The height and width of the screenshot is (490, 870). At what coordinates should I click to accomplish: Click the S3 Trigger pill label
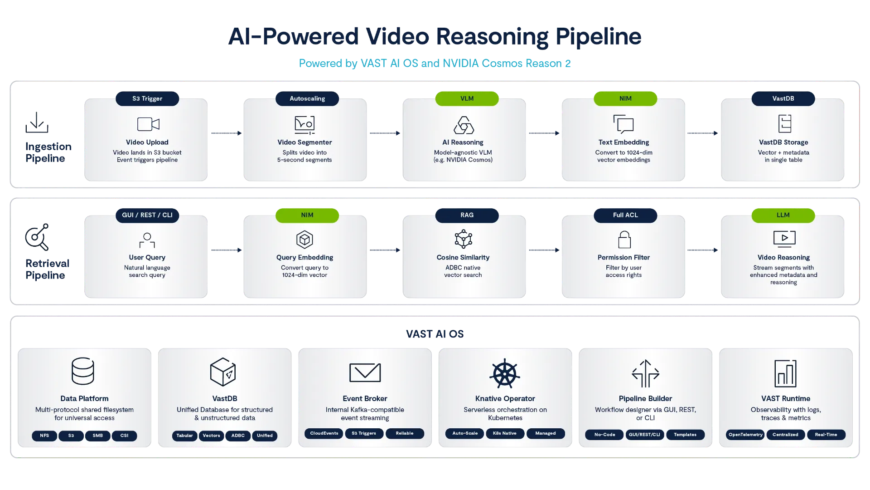(147, 98)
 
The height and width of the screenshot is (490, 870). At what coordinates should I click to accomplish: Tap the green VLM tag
(467, 98)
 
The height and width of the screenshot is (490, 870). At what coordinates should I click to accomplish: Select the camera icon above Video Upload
(148, 124)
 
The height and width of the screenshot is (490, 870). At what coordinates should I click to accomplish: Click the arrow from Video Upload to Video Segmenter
(227, 133)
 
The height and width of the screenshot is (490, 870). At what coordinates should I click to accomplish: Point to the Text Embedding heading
(623, 142)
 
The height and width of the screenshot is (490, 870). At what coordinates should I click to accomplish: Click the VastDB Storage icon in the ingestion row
(784, 123)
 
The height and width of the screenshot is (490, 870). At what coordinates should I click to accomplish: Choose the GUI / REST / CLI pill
(147, 215)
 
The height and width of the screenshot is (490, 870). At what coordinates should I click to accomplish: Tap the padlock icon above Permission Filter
(624, 240)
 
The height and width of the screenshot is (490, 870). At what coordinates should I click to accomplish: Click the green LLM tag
(783, 215)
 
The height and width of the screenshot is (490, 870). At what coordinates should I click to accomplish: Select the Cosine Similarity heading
(463, 257)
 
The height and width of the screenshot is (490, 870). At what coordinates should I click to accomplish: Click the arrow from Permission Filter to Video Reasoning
(702, 250)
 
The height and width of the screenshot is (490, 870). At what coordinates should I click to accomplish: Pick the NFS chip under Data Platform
(44, 436)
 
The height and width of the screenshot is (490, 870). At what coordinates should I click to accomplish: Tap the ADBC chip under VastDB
(238, 436)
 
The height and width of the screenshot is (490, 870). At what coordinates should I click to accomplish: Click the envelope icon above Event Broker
(365, 372)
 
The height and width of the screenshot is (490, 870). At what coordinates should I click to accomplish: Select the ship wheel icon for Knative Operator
(505, 374)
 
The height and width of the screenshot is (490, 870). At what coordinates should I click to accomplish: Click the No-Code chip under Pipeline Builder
(605, 435)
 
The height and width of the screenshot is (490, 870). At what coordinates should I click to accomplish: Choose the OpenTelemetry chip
(745, 435)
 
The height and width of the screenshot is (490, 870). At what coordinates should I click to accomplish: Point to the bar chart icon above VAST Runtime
(785, 374)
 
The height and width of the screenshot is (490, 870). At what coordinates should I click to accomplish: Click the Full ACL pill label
(625, 215)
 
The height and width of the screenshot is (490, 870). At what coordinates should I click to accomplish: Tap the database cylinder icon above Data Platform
(83, 371)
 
